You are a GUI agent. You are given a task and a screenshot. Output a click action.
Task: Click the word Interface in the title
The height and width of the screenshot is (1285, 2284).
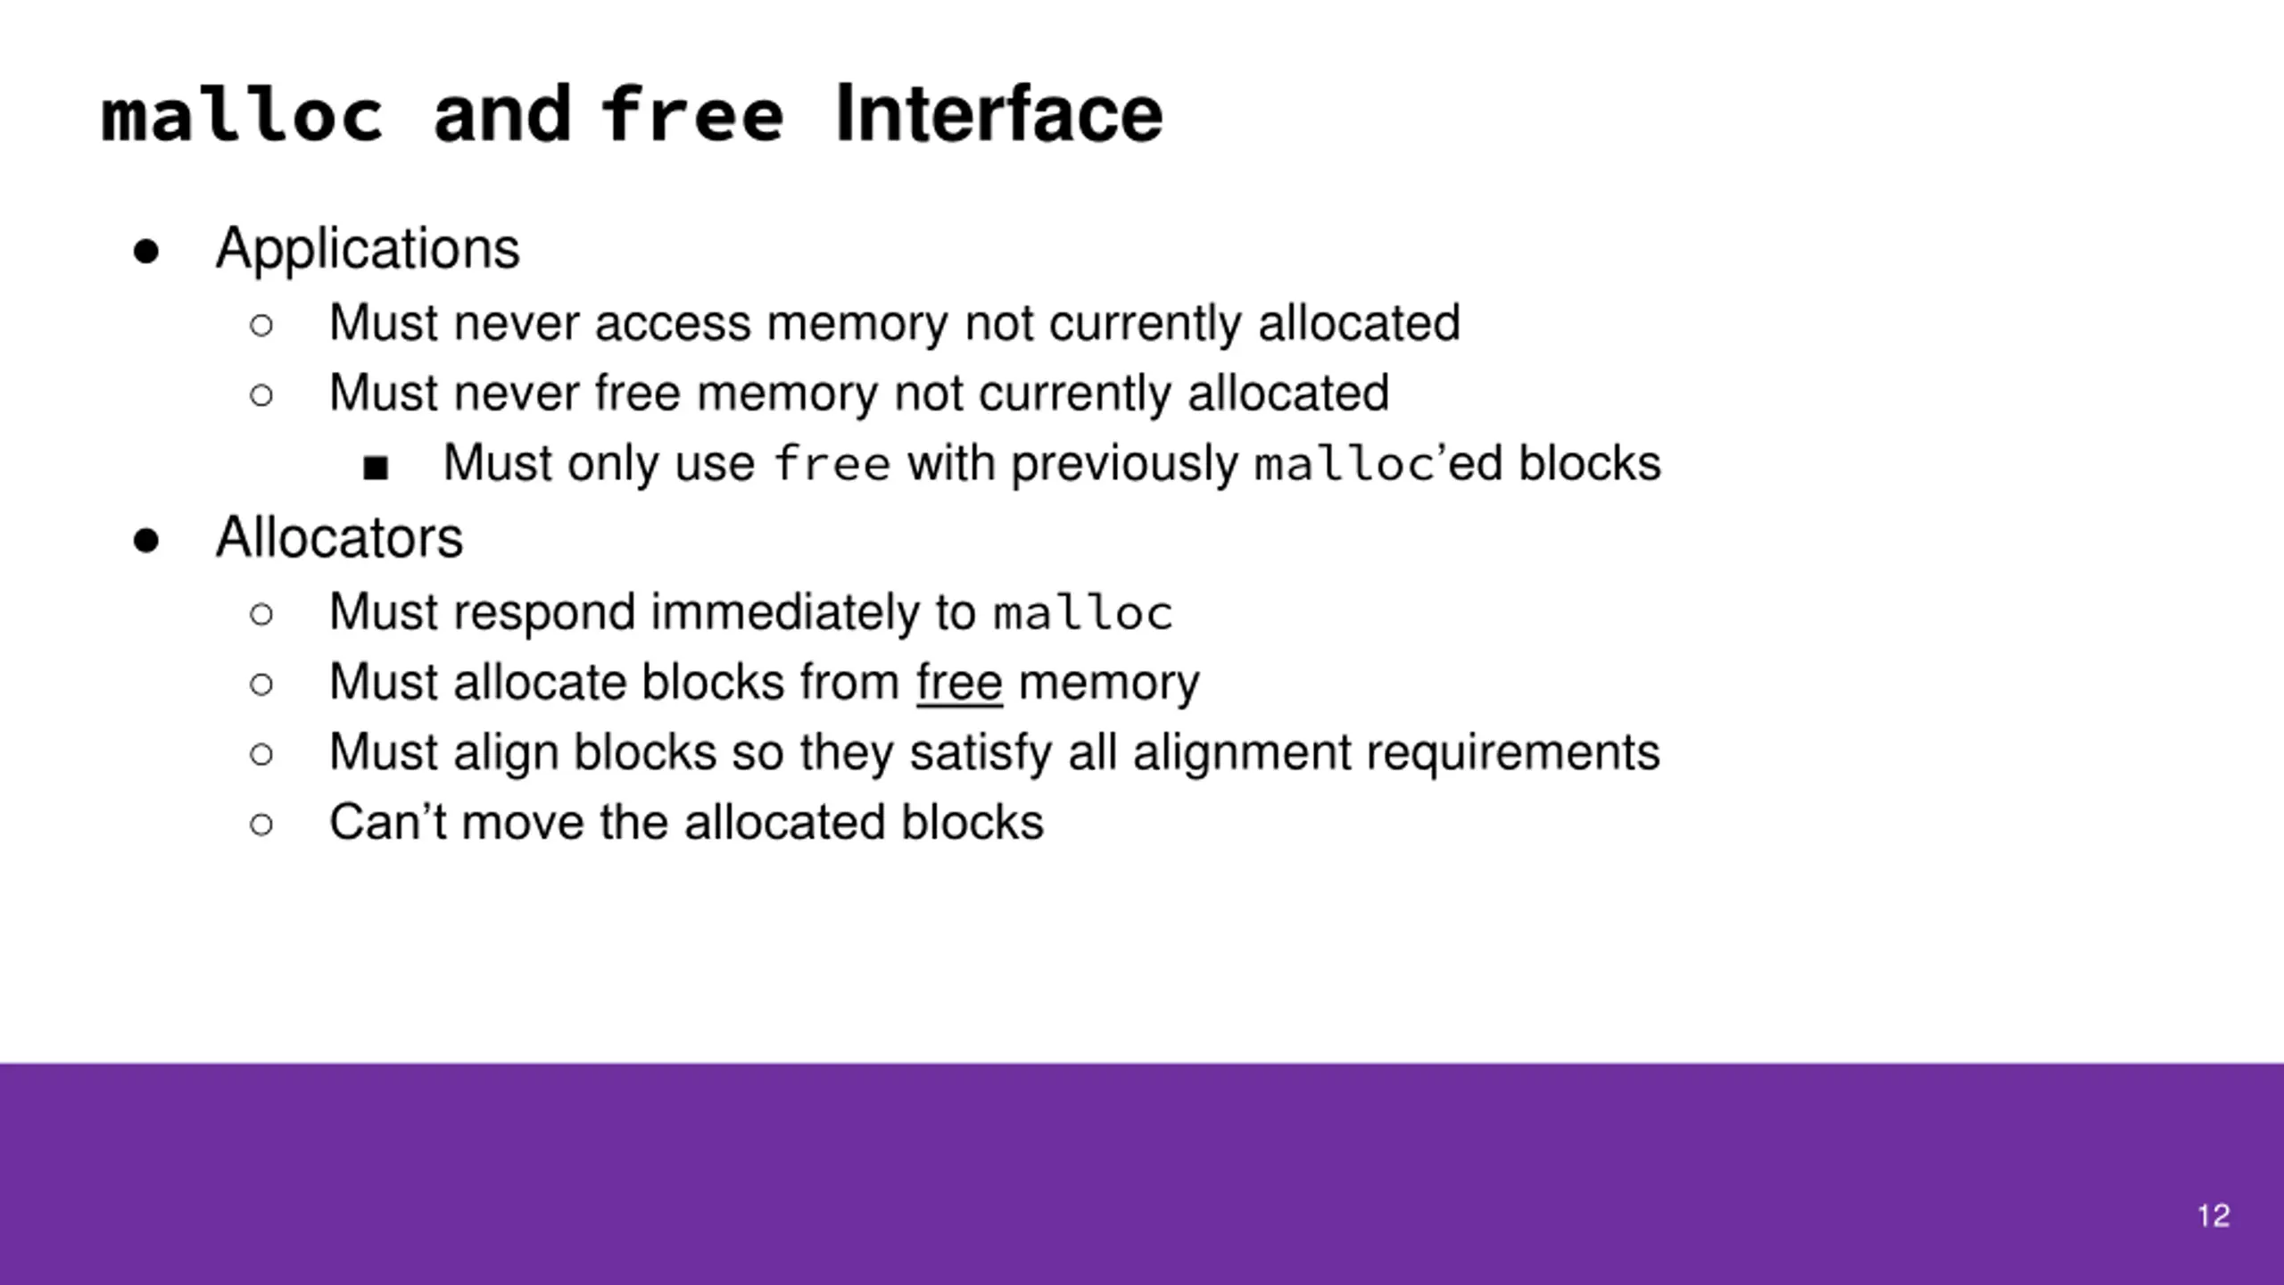click(x=999, y=116)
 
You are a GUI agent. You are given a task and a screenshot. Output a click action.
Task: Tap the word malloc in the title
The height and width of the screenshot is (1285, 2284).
click(x=243, y=116)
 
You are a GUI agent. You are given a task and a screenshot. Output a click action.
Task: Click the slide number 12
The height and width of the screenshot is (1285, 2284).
click(x=2214, y=1215)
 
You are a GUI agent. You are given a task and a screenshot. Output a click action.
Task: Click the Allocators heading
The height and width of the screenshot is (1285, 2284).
click(x=339, y=538)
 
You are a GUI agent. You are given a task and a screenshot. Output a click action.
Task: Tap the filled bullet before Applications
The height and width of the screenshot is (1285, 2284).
click(x=146, y=252)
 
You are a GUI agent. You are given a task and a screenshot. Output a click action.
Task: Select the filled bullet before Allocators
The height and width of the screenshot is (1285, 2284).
click(x=146, y=541)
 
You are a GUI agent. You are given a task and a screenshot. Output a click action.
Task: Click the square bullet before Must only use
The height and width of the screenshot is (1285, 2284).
click(x=376, y=468)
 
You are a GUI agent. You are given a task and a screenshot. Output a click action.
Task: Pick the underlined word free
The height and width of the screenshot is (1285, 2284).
click(x=959, y=683)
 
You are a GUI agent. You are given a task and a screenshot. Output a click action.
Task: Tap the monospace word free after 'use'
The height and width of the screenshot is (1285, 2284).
click(x=832, y=464)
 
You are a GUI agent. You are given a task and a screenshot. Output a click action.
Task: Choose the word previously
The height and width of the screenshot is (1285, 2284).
click(x=1124, y=464)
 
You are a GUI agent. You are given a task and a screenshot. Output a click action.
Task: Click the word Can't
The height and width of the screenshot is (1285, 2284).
click(x=387, y=822)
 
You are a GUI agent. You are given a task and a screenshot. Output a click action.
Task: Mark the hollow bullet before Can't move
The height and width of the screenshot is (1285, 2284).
click(x=261, y=825)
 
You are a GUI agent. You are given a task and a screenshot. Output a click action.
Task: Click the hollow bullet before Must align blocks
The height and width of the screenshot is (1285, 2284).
click(x=261, y=755)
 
